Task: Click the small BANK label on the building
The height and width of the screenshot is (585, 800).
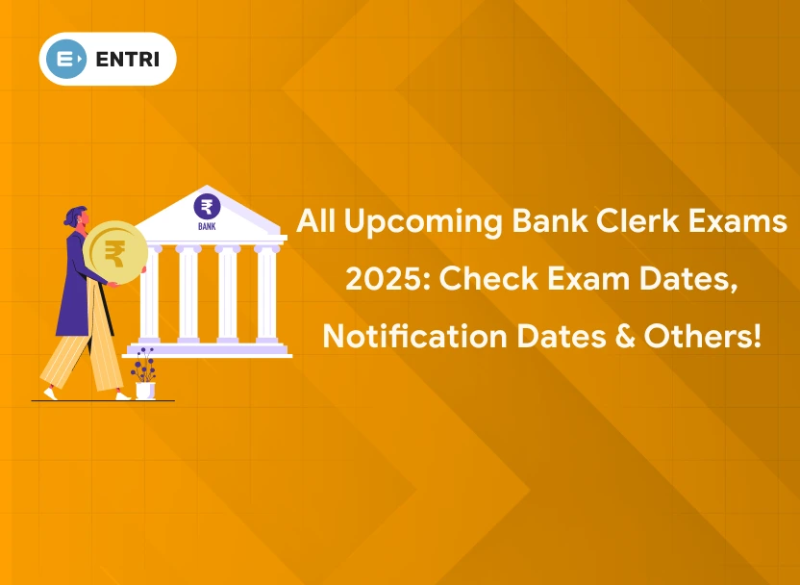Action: [206, 227]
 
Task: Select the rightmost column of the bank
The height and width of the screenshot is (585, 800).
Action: [266, 294]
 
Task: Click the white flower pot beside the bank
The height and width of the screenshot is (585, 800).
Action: [144, 390]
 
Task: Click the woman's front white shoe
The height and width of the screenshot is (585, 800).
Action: [123, 394]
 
